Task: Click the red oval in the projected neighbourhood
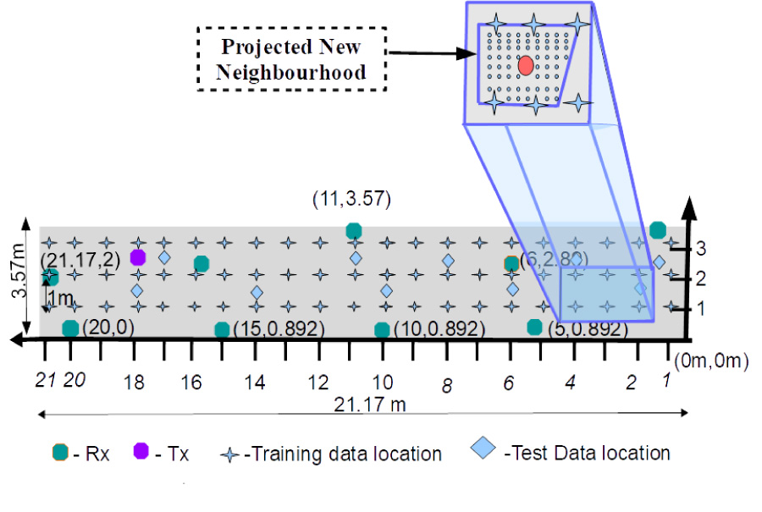526,64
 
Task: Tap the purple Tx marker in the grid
138,257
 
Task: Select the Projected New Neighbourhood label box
291,58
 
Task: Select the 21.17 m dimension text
369,403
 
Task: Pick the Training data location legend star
229,454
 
